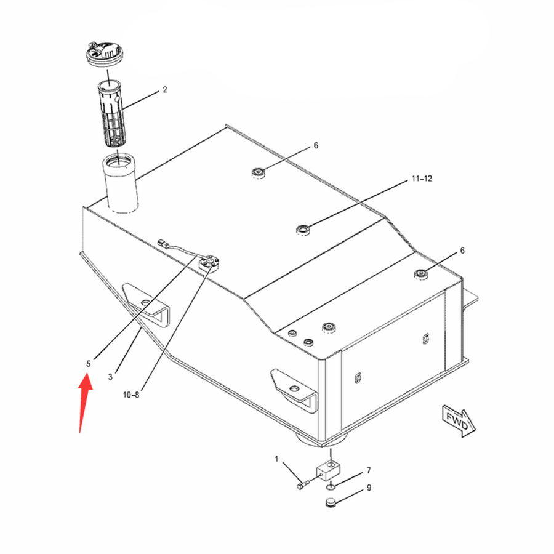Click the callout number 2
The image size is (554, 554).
[164, 90]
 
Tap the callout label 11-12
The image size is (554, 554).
[422, 179]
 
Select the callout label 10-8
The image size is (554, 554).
[131, 395]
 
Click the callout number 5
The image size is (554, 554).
[88, 364]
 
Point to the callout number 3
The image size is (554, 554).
[110, 377]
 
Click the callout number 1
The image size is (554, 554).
[276, 459]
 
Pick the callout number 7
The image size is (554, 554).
[369, 470]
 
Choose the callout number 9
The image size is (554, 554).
[369, 488]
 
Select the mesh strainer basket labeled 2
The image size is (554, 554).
[110, 114]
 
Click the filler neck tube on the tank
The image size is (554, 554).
[121, 183]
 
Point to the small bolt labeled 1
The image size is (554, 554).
[303, 484]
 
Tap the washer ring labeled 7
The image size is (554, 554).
[331, 488]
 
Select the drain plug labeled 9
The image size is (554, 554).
[331, 502]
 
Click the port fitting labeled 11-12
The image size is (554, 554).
[303, 230]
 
